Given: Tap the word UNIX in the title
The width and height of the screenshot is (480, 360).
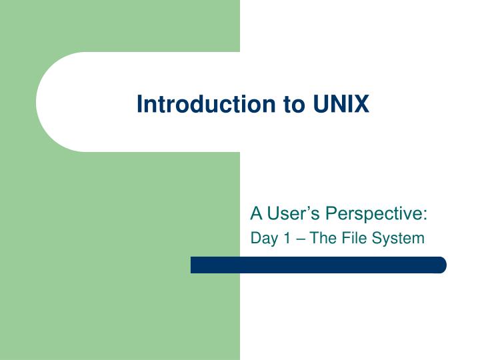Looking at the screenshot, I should (341, 105).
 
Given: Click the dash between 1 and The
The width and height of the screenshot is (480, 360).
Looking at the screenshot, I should (299, 239).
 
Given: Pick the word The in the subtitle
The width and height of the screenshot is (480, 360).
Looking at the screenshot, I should (321, 238).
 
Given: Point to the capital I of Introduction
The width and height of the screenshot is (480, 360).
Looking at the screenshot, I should (140, 105).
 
